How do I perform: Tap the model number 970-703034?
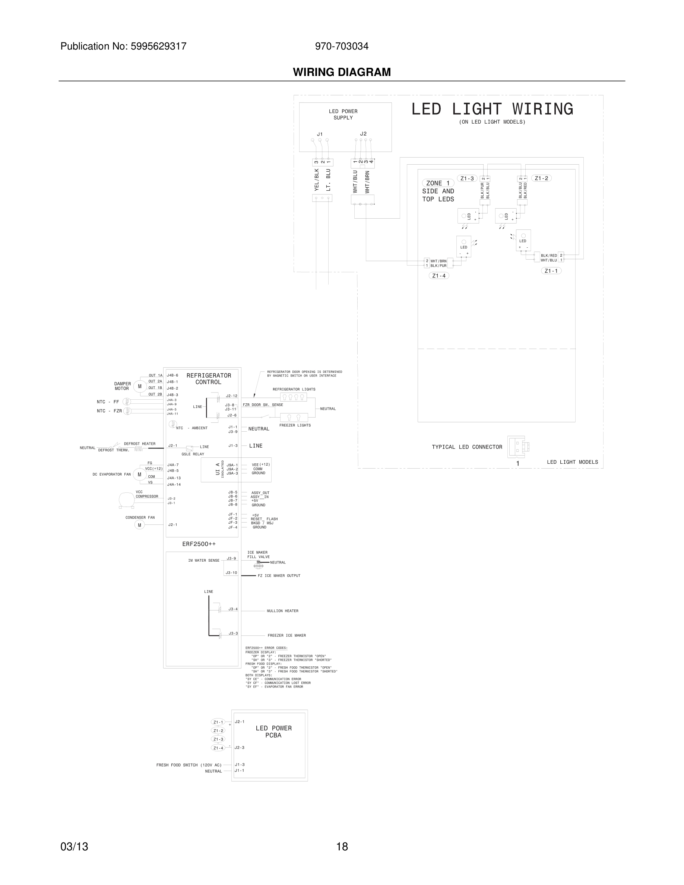tap(342, 47)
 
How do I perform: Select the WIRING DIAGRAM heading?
tap(342, 72)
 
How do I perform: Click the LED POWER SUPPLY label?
tap(343, 115)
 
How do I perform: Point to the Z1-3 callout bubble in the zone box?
tap(467, 178)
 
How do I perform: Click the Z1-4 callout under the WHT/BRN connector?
tap(438, 276)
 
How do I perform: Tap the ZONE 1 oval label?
tap(438, 183)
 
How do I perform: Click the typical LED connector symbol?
tap(517, 447)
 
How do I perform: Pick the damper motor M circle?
tap(140, 387)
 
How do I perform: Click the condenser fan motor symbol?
tap(139, 525)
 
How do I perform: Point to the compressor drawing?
tap(126, 500)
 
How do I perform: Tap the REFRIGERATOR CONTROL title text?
tap(209, 379)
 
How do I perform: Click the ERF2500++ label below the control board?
tap(199, 544)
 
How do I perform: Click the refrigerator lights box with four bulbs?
tap(293, 397)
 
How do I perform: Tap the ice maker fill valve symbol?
tap(259, 564)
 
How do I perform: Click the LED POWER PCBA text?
tap(273, 732)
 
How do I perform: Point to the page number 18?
tap(342, 847)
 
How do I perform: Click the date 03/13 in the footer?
tap(74, 847)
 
